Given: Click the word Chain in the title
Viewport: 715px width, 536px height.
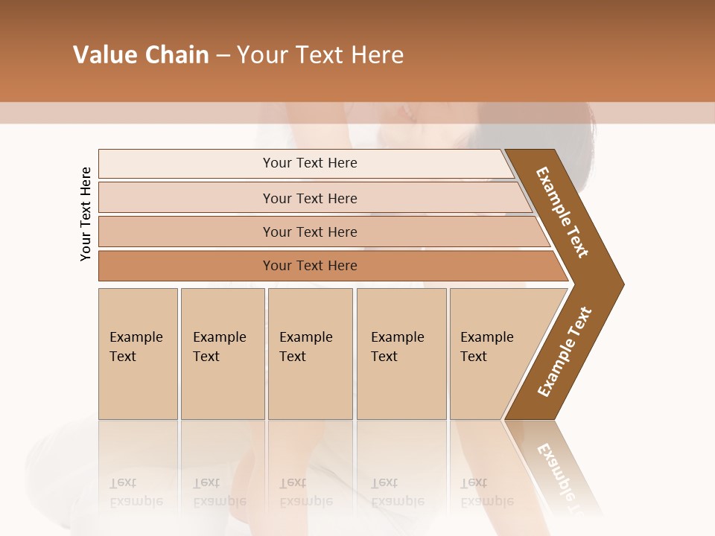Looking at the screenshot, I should pyautogui.click(x=177, y=55).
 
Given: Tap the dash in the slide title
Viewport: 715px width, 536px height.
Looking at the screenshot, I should pyautogui.click(x=223, y=56).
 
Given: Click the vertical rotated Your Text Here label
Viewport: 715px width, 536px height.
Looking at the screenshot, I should pyautogui.click(x=86, y=214).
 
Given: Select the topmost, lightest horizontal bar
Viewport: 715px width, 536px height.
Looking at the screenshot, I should pyautogui.click(x=309, y=163).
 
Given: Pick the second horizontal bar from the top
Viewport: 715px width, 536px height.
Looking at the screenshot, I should pyautogui.click(x=309, y=198).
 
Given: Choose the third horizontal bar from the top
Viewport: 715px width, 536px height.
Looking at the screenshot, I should pyautogui.click(x=309, y=232).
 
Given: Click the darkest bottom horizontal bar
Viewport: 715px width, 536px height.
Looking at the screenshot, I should pyautogui.click(x=309, y=266).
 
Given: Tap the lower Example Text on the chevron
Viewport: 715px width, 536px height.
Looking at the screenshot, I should pyautogui.click(x=565, y=351).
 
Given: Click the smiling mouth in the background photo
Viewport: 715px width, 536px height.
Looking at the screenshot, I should pyautogui.click(x=407, y=113).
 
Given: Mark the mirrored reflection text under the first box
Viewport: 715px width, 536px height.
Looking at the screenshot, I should pyautogui.click(x=136, y=492).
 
